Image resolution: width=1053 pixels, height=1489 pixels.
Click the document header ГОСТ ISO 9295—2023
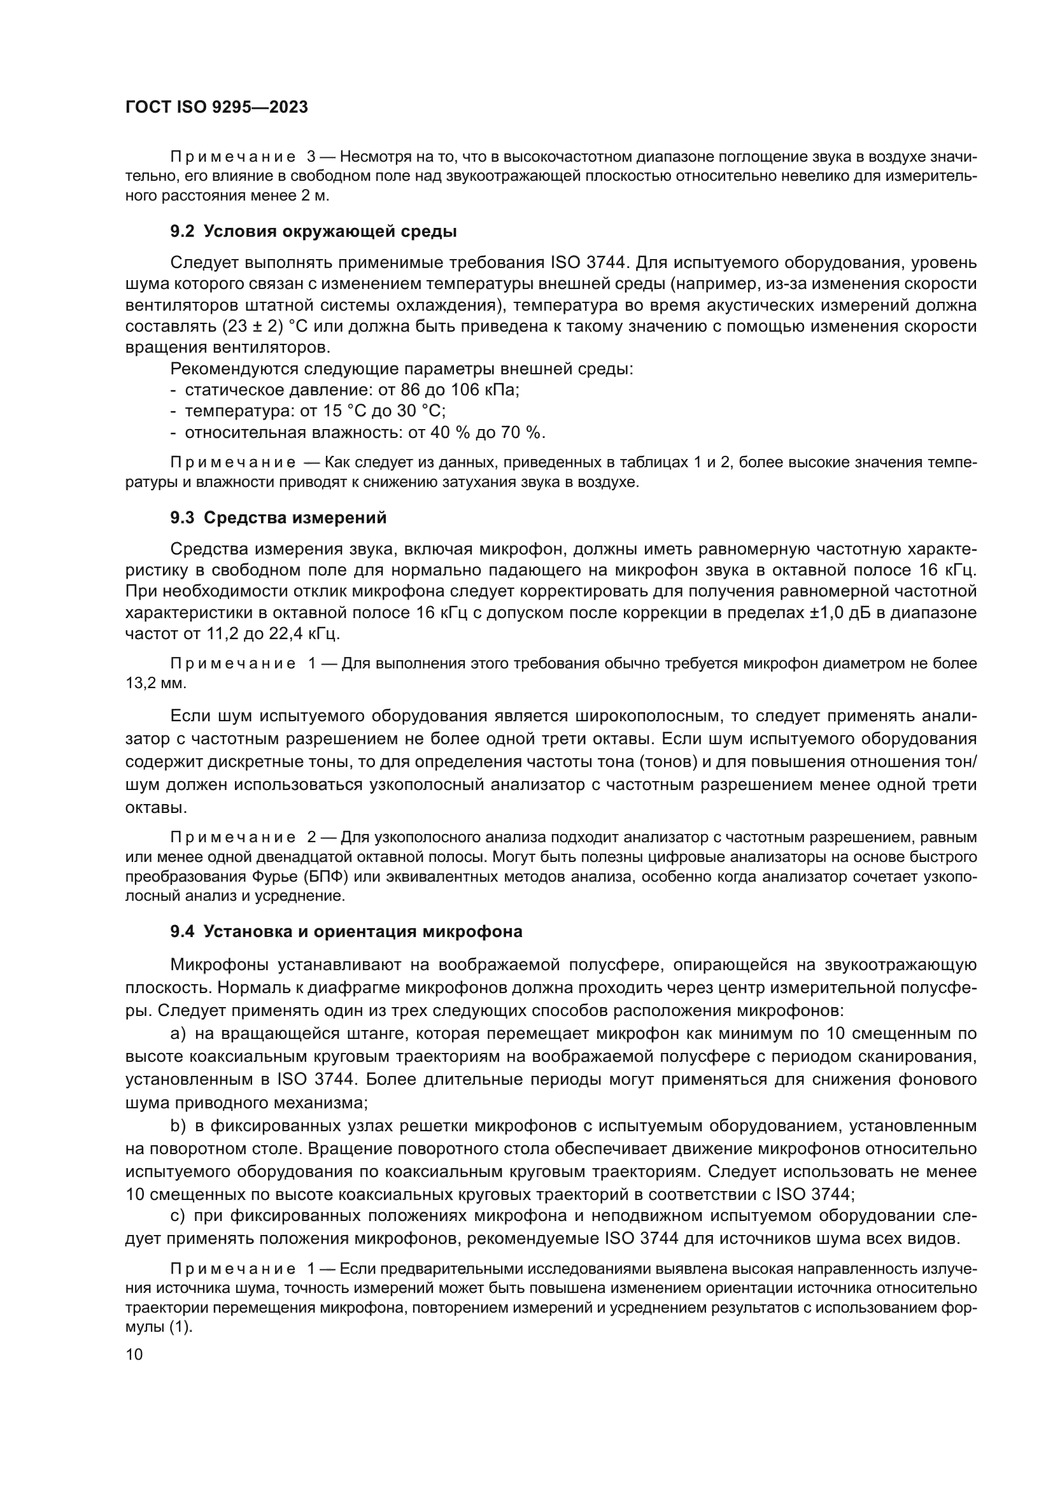pos(216,108)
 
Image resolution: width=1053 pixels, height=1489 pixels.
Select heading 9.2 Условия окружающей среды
pos(313,232)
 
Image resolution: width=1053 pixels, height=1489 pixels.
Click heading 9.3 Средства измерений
pos(278,518)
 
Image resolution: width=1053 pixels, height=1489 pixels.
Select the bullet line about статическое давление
pos(345,390)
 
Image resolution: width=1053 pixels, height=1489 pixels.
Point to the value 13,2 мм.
pos(155,684)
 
